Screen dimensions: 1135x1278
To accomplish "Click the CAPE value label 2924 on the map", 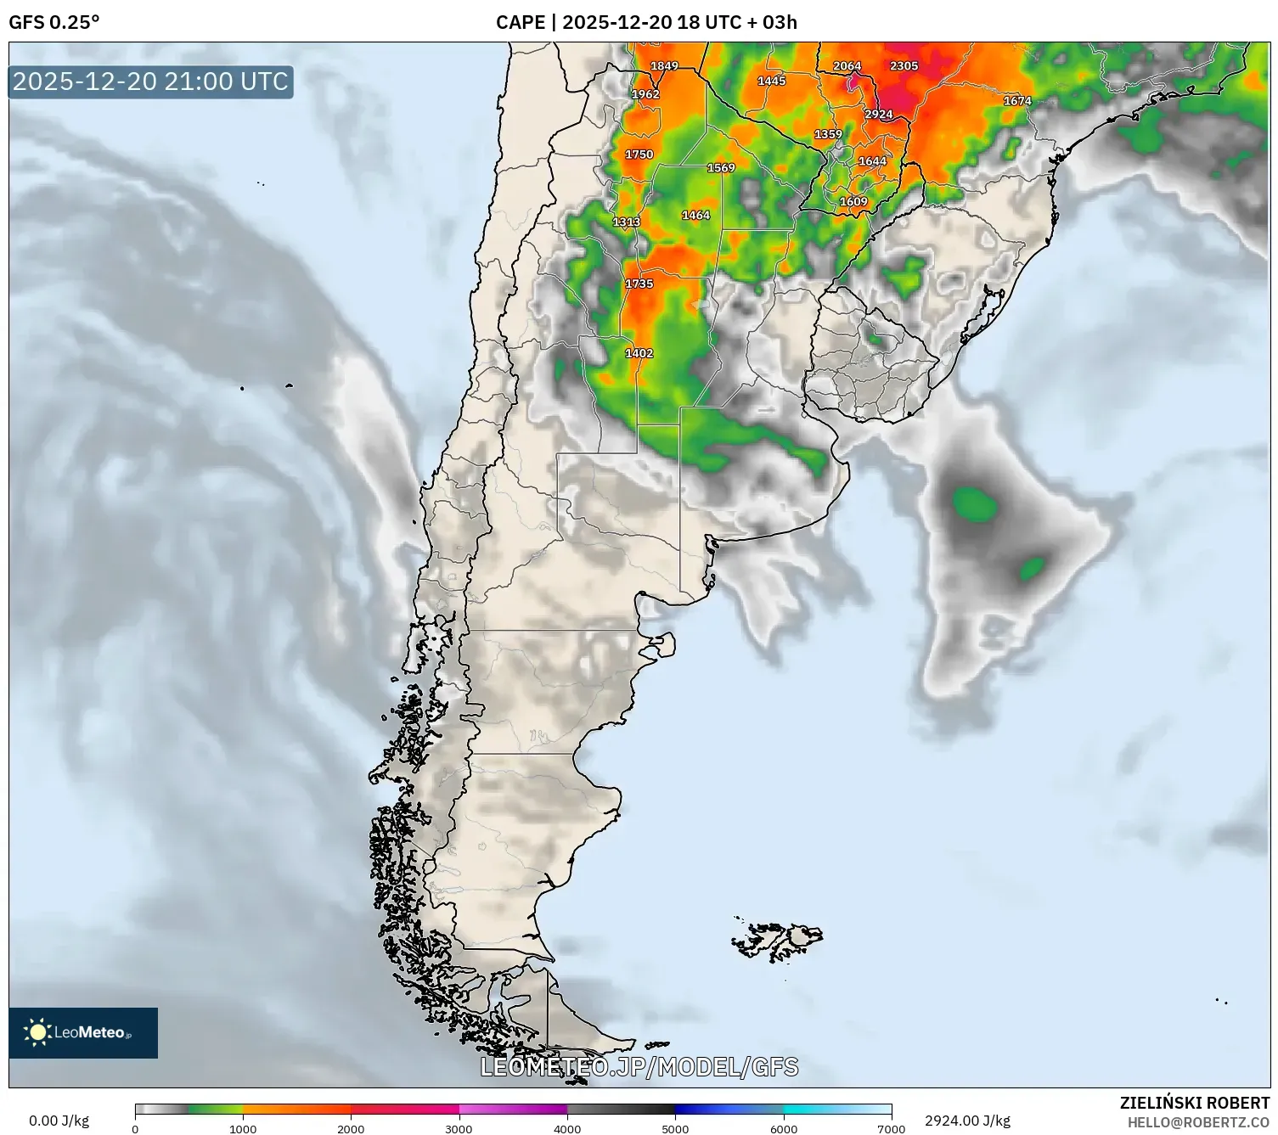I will (879, 115).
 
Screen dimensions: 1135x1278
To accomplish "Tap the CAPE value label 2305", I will (904, 66).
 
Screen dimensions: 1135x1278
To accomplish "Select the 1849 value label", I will (664, 66).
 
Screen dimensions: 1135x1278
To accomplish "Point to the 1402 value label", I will (639, 353).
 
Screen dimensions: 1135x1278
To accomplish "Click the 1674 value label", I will (1017, 101).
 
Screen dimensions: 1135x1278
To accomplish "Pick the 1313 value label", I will (627, 222).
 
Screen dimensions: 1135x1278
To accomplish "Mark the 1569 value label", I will (721, 168).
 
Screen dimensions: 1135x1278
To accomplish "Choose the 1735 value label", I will (639, 284).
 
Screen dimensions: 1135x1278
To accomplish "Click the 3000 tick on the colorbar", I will (459, 1129).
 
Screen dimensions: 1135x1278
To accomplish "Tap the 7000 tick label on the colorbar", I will (891, 1129).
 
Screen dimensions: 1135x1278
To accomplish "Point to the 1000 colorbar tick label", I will (243, 1129).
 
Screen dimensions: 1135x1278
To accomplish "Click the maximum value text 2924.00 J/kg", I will (967, 1121).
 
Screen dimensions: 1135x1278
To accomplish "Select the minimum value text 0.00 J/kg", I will (59, 1121).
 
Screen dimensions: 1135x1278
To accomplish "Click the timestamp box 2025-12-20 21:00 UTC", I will (150, 81).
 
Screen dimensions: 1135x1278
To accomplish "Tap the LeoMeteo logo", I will (83, 1032).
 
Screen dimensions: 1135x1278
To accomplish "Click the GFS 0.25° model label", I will (54, 22).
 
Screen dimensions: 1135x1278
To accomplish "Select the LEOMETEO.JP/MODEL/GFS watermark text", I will (639, 1066).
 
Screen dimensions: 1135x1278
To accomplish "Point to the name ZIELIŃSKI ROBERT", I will (1194, 1103).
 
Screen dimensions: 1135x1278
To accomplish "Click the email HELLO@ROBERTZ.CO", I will (1198, 1122).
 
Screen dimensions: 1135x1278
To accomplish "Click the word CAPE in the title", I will (520, 22).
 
